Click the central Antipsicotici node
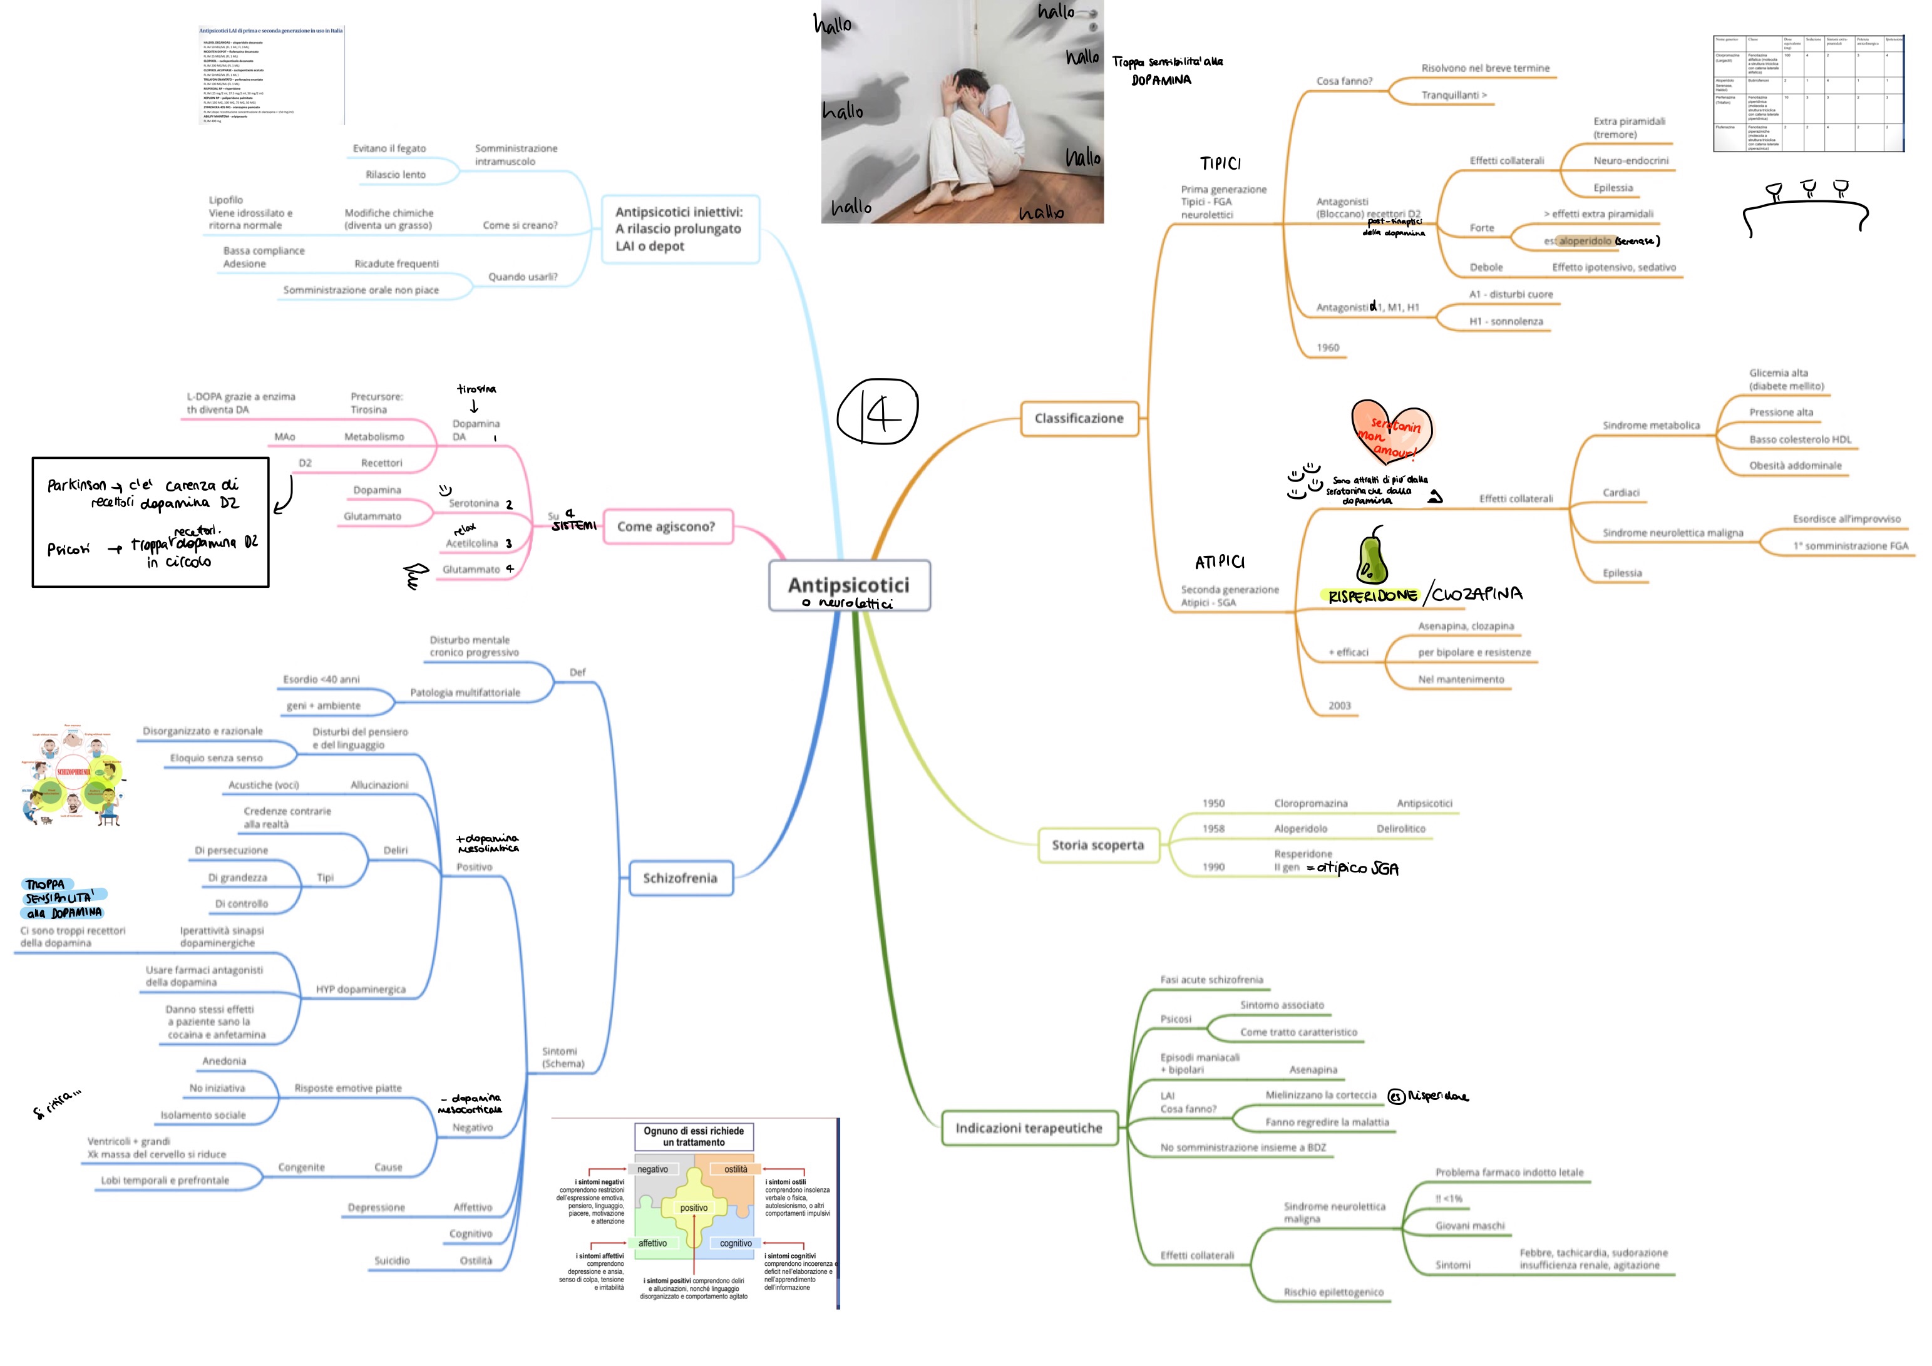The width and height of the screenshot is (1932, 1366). [848, 585]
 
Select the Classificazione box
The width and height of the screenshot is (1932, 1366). [1079, 418]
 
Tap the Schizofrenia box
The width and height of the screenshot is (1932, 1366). [680, 878]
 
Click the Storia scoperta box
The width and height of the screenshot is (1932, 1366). [1097, 845]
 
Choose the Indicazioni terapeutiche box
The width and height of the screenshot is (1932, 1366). [1028, 1128]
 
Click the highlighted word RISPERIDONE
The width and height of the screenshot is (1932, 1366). [1372, 596]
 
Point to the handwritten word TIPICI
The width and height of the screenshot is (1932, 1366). [1220, 163]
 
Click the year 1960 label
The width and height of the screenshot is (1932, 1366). [1328, 347]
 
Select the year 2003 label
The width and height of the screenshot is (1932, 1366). [1340, 706]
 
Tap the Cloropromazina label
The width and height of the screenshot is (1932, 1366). [1310, 804]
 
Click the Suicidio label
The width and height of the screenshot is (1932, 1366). [392, 1261]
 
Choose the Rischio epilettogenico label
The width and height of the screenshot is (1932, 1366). [1333, 1293]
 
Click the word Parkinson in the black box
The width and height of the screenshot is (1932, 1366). [76, 486]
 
